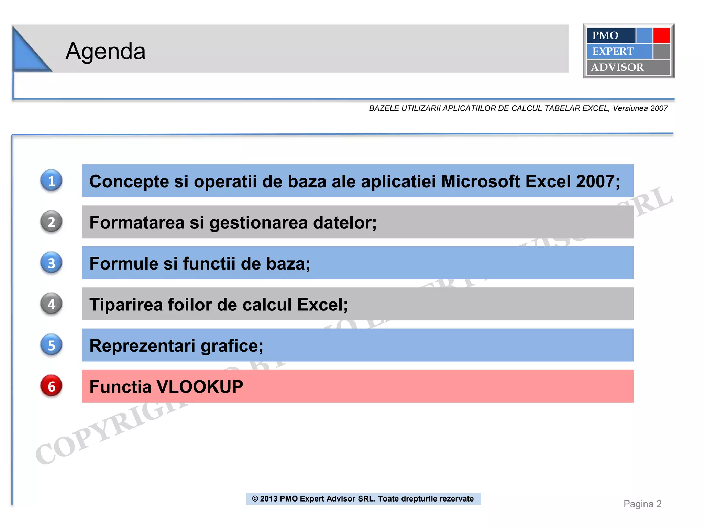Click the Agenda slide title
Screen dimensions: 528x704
(x=106, y=51)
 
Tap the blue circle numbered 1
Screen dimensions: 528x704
(x=51, y=181)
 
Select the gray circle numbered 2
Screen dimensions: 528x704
(x=51, y=222)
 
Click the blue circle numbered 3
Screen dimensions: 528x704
(x=51, y=263)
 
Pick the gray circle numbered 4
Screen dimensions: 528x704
(x=51, y=304)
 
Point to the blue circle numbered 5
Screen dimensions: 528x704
(x=51, y=345)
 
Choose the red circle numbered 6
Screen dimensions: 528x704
(x=51, y=386)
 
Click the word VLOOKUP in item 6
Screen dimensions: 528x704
(x=200, y=387)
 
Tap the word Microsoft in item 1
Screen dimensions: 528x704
(x=480, y=181)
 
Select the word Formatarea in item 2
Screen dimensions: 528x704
(x=137, y=222)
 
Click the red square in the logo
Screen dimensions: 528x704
(x=661, y=35)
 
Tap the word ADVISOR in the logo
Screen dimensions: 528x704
(x=617, y=67)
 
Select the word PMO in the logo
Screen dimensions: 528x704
(x=605, y=35)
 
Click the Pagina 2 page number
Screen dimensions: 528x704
(x=642, y=504)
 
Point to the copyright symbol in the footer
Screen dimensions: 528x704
(x=255, y=499)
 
